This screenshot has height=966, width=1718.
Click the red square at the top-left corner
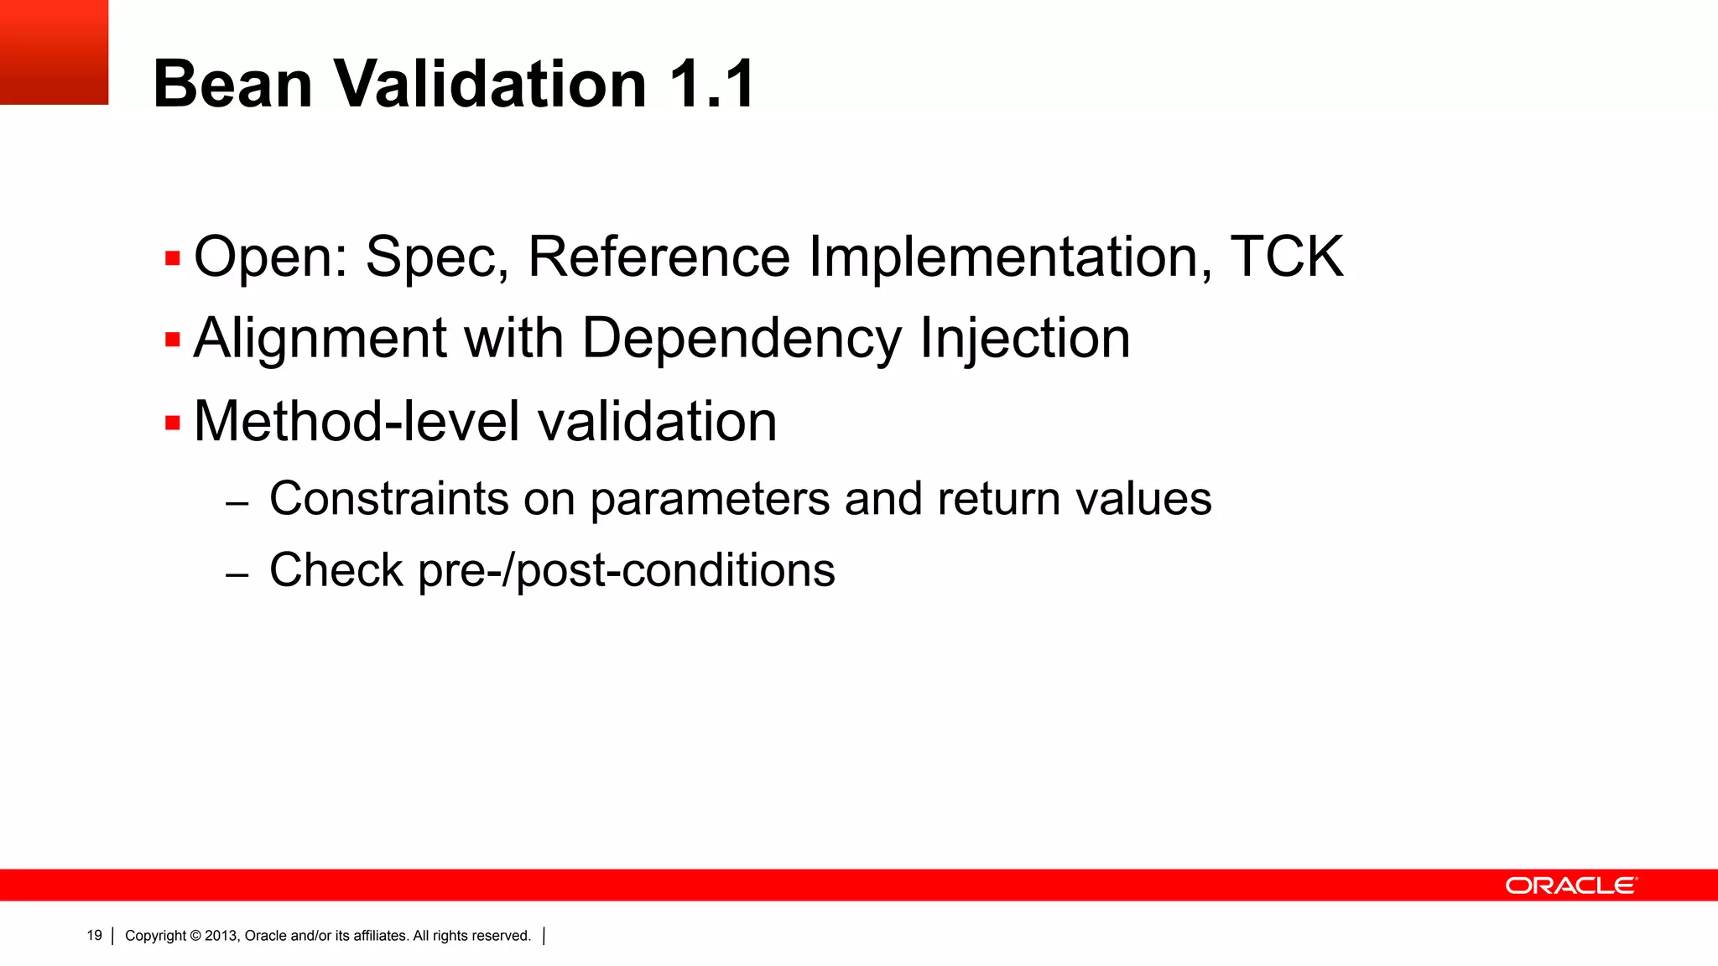[x=54, y=52]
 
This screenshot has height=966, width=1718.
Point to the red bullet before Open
[x=173, y=258]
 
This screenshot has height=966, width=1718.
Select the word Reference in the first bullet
[x=659, y=257]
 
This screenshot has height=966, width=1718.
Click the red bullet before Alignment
[x=173, y=340]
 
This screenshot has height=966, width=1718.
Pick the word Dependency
[x=741, y=340]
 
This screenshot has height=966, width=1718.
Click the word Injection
[x=1025, y=338]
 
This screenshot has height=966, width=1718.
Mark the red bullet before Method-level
[x=173, y=423]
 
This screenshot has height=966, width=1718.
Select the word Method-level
[x=358, y=421]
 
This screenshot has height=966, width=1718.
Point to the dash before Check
[x=237, y=575]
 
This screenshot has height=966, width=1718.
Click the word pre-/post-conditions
[x=626, y=571]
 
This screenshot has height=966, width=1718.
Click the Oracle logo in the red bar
[x=1570, y=885]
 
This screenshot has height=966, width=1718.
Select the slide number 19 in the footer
[x=94, y=935]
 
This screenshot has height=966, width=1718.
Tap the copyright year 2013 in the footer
[x=221, y=936]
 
